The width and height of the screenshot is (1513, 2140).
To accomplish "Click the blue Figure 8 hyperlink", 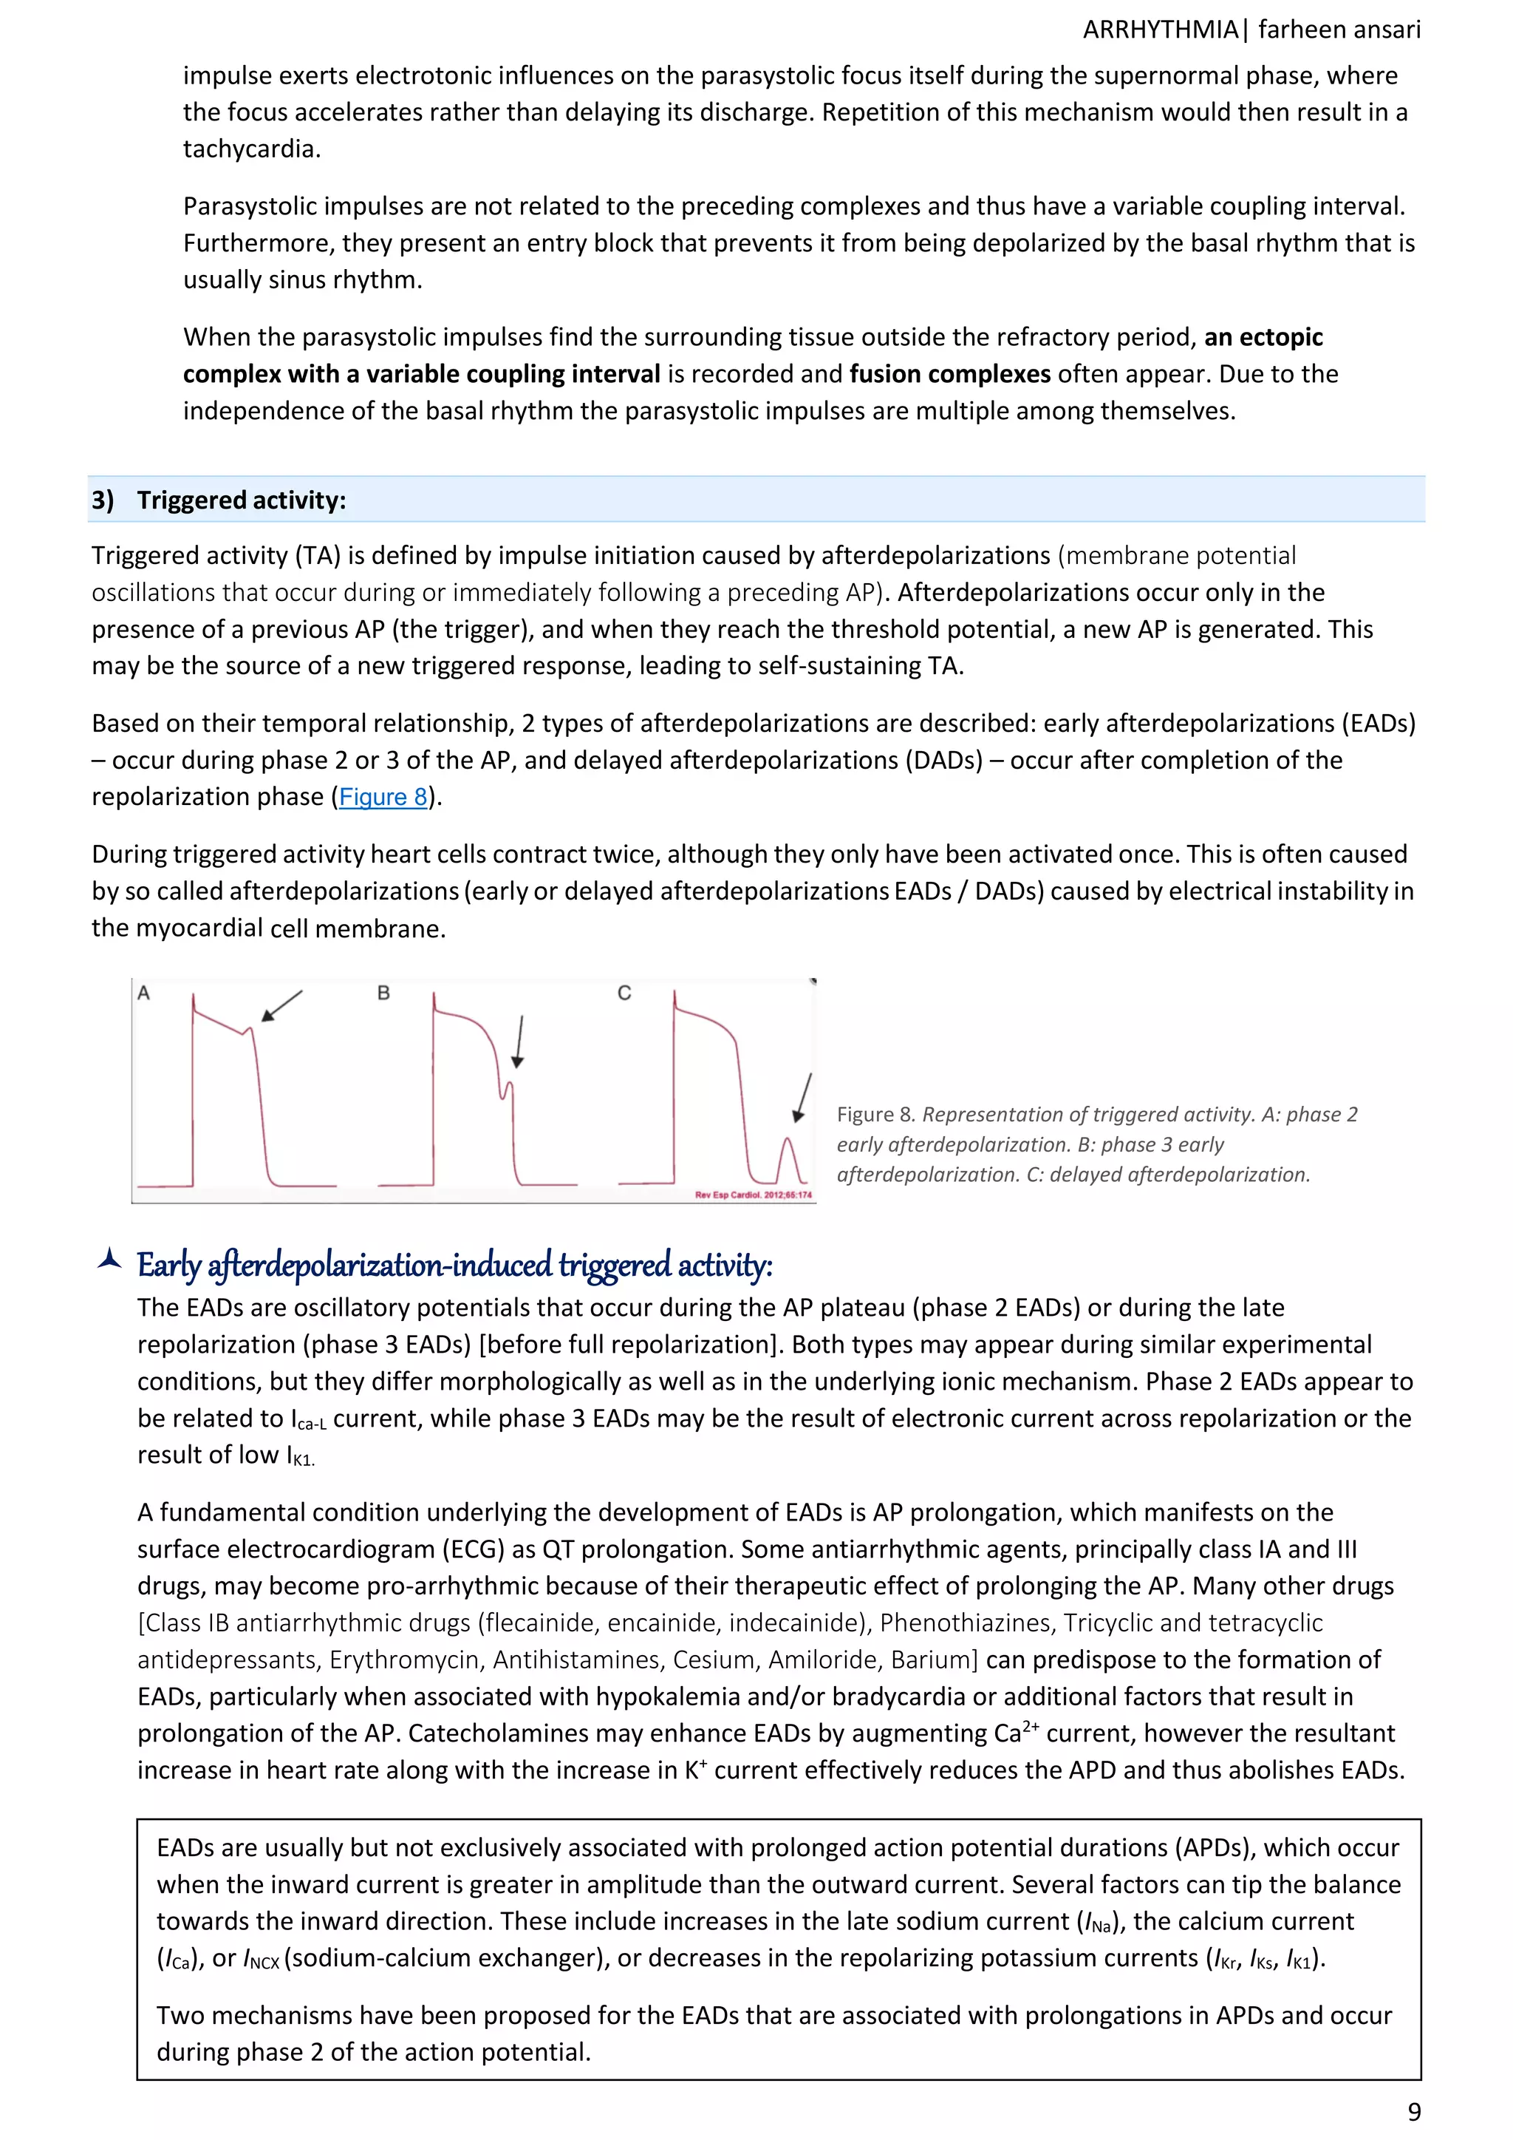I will coord(383,798).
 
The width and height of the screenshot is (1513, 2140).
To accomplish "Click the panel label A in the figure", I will coord(143,993).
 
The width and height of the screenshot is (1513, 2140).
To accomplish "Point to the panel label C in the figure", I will coord(624,993).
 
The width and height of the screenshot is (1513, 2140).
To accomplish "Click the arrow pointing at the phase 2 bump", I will coord(281,1005).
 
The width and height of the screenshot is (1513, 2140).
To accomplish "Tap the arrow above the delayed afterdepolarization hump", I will coord(804,1097).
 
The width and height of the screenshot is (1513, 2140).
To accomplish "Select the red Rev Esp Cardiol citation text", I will coord(753,1195).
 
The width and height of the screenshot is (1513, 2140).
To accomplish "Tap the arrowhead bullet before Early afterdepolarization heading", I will coord(110,1260).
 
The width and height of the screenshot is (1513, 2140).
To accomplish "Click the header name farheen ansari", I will coord(1339,30).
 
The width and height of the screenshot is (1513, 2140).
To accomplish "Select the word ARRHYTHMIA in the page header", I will coord(1160,30).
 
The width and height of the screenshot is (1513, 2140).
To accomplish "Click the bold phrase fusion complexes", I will coord(949,375).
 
